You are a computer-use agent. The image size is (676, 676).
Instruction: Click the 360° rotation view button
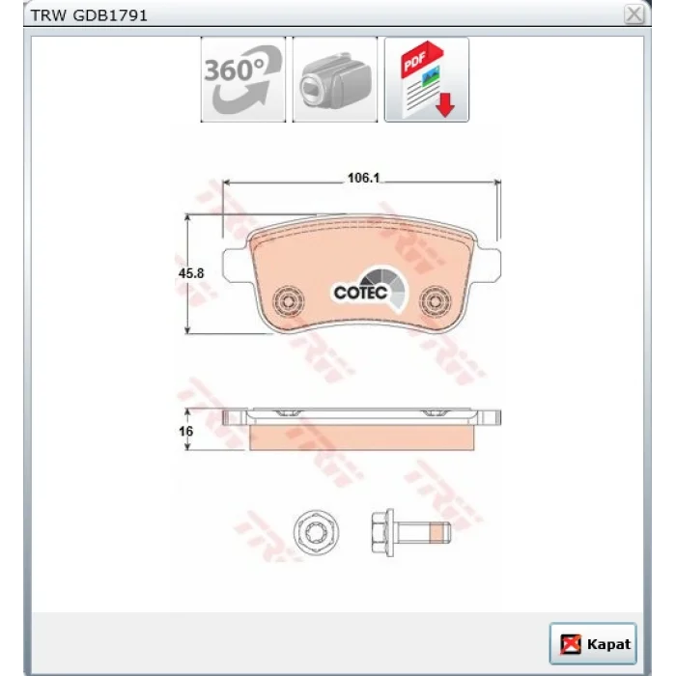(x=243, y=79)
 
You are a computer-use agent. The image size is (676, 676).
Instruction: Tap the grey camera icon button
(x=335, y=79)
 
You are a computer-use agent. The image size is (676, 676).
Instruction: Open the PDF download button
(x=427, y=79)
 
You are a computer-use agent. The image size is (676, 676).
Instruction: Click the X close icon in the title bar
(x=634, y=14)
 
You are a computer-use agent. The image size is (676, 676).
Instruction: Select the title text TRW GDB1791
(x=89, y=16)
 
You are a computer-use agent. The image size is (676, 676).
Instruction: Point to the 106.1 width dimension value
(x=363, y=178)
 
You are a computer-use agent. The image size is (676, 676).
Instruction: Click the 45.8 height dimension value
(x=191, y=273)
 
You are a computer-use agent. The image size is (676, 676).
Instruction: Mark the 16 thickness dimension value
(x=185, y=431)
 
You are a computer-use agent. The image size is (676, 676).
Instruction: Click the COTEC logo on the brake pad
(x=370, y=288)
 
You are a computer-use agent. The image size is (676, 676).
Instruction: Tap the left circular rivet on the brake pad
(x=289, y=300)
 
